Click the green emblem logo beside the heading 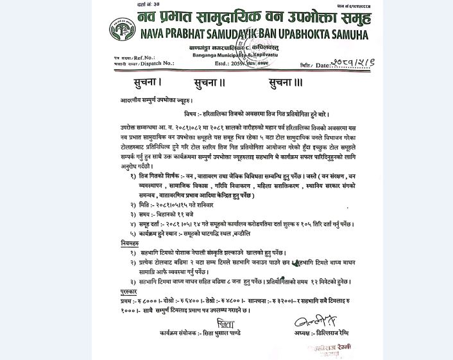(121, 28)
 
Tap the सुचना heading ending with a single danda (139, 82)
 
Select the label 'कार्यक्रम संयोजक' (176, 334)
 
